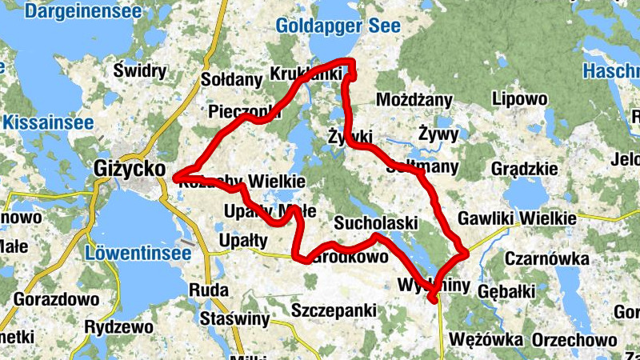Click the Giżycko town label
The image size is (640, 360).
point(127,170)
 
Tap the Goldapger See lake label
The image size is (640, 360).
point(332,26)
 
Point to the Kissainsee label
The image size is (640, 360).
point(47,123)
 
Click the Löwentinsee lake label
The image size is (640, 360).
point(137,254)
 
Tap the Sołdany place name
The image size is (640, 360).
point(232,80)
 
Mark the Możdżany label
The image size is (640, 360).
point(414,100)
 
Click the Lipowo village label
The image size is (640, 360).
point(520,99)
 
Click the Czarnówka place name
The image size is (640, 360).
point(547,259)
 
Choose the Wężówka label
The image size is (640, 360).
point(486,340)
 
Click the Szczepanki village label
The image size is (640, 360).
point(334,310)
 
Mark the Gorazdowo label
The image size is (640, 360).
point(56,299)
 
